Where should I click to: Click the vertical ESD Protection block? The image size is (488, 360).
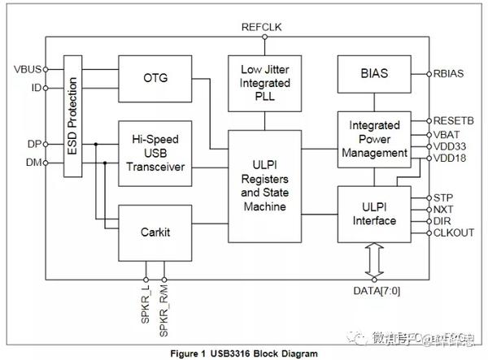[72, 115]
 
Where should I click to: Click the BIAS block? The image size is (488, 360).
[373, 72]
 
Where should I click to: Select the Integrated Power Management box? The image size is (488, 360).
[373, 138]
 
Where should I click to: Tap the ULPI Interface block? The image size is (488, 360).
[373, 213]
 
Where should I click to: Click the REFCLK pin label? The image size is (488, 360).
[262, 28]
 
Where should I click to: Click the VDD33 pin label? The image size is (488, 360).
[451, 146]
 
